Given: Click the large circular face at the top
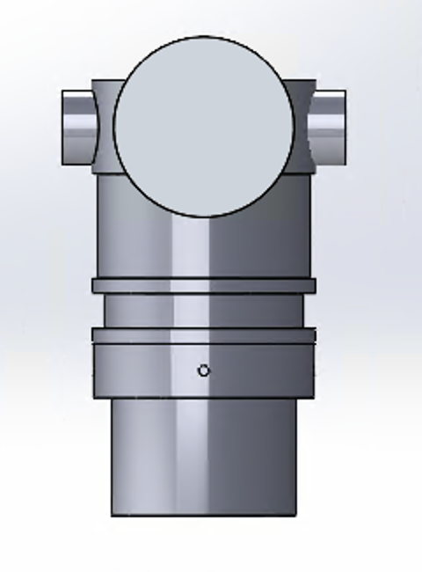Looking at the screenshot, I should (204, 126).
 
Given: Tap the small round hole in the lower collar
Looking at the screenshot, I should (204, 370).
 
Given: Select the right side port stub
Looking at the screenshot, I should (329, 127).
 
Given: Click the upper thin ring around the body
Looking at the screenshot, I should (204, 285).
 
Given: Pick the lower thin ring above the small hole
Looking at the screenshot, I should (204, 335).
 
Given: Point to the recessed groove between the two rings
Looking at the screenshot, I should (204, 310).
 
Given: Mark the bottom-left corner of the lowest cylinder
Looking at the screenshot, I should (112, 515).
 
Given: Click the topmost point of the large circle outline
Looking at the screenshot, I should (204, 36).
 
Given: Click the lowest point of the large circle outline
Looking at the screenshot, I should (204, 216).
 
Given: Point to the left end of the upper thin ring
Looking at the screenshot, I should (93, 285).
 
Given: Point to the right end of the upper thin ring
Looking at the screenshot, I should (315, 285).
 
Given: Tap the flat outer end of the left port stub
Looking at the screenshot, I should (64, 127).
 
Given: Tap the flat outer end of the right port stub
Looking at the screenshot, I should (344, 127).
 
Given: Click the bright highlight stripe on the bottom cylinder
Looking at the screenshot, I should (189, 458).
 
